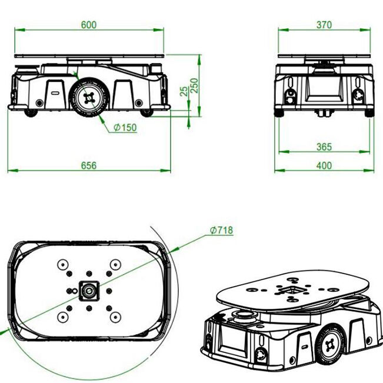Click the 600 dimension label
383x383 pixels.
89,25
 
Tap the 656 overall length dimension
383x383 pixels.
89,165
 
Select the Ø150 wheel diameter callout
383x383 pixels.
125,128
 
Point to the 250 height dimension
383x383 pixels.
194,85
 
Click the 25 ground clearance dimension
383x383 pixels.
184,91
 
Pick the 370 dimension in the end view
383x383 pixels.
324,25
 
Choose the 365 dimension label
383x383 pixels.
324,147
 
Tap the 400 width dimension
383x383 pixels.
324,165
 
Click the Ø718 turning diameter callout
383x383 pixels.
222,230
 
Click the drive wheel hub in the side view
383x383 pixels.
89,98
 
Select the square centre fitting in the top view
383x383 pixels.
89,291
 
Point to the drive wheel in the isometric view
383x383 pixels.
330,345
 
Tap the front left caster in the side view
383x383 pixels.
31,113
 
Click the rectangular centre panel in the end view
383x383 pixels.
324,89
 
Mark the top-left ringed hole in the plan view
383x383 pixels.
63,265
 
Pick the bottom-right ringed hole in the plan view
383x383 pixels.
115,317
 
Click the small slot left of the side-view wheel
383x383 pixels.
55,93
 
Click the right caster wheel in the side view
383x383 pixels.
146,113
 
